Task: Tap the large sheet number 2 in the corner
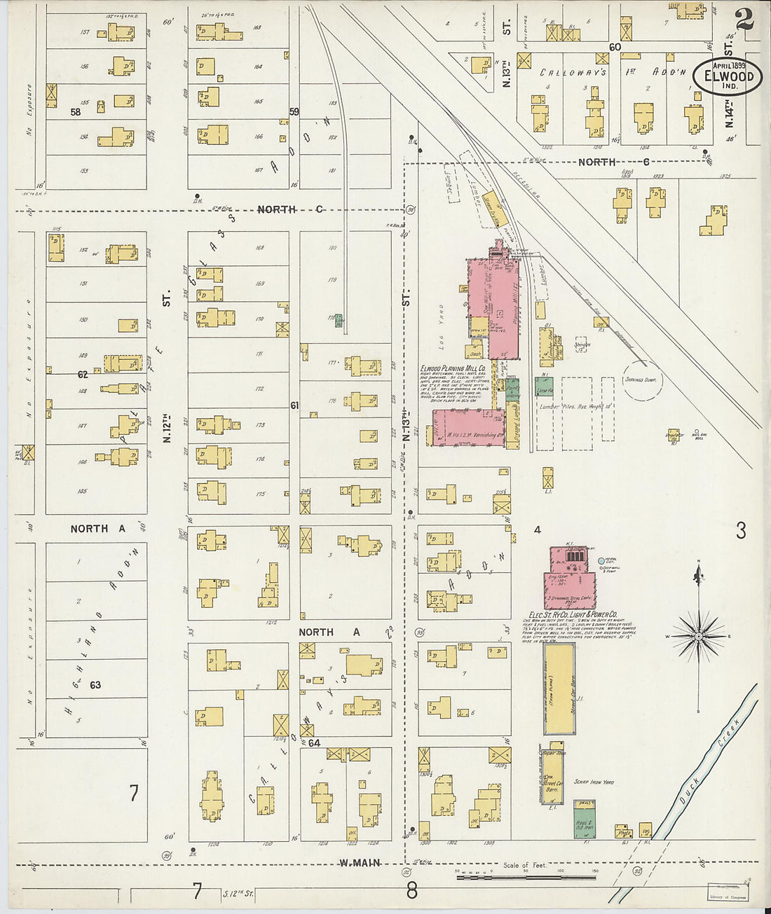click(744, 19)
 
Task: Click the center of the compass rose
click(698, 636)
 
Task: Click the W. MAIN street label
click(360, 863)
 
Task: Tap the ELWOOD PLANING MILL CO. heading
click(453, 368)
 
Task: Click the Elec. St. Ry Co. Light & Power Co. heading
click(568, 614)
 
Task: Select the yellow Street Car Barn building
click(559, 688)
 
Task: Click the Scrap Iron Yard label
click(594, 782)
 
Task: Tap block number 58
click(75, 111)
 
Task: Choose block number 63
click(95, 684)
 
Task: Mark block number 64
click(313, 742)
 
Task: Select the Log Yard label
click(442, 326)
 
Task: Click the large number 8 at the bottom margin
click(411, 892)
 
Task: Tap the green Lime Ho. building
click(545, 385)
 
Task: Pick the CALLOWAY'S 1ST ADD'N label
click(611, 71)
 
